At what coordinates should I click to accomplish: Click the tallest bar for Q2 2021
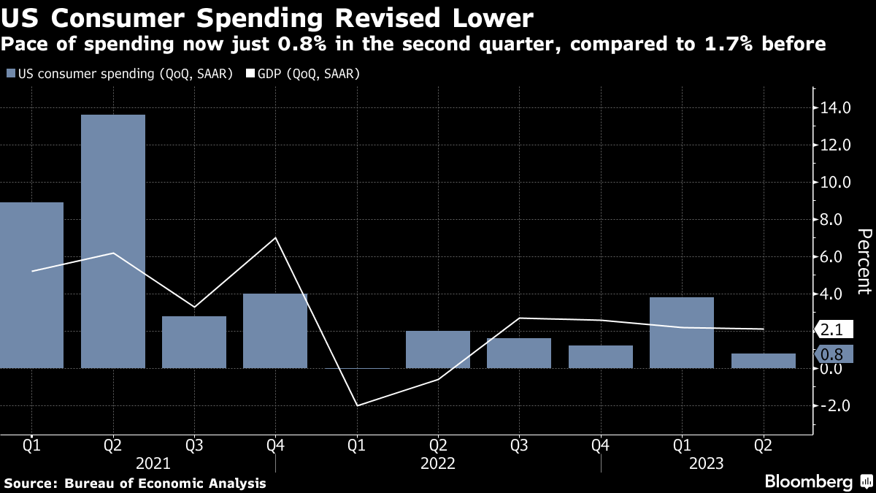pyautogui.click(x=113, y=241)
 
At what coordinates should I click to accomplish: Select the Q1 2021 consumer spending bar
pyautogui.click(x=31, y=285)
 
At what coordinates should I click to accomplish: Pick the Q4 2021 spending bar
pyautogui.click(x=275, y=331)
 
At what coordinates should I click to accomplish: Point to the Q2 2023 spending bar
pyautogui.click(x=763, y=361)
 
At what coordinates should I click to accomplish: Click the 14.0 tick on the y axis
pyautogui.click(x=837, y=108)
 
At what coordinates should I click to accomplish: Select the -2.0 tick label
pyautogui.click(x=835, y=405)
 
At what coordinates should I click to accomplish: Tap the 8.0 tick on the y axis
pyautogui.click(x=837, y=220)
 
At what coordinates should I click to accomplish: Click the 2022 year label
pyautogui.click(x=438, y=464)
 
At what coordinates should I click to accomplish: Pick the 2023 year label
pyautogui.click(x=706, y=464)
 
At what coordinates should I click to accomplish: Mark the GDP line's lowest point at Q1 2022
pyautogui.click(x=358, y=405)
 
